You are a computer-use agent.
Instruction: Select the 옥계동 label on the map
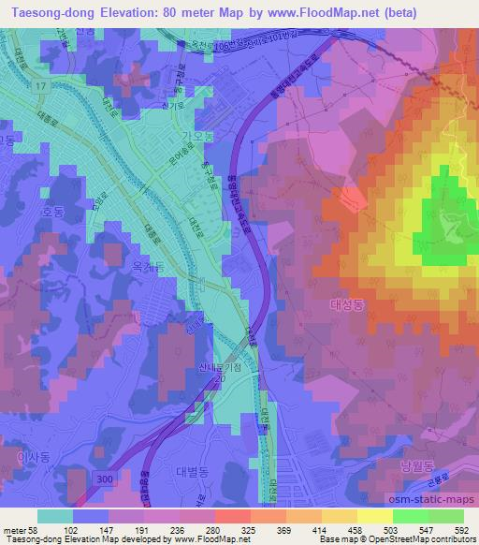[147, 268]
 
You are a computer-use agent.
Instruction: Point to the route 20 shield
[220, 382]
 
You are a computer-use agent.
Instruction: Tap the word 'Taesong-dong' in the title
[51, 13]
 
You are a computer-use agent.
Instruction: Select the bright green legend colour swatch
[418, 516]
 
